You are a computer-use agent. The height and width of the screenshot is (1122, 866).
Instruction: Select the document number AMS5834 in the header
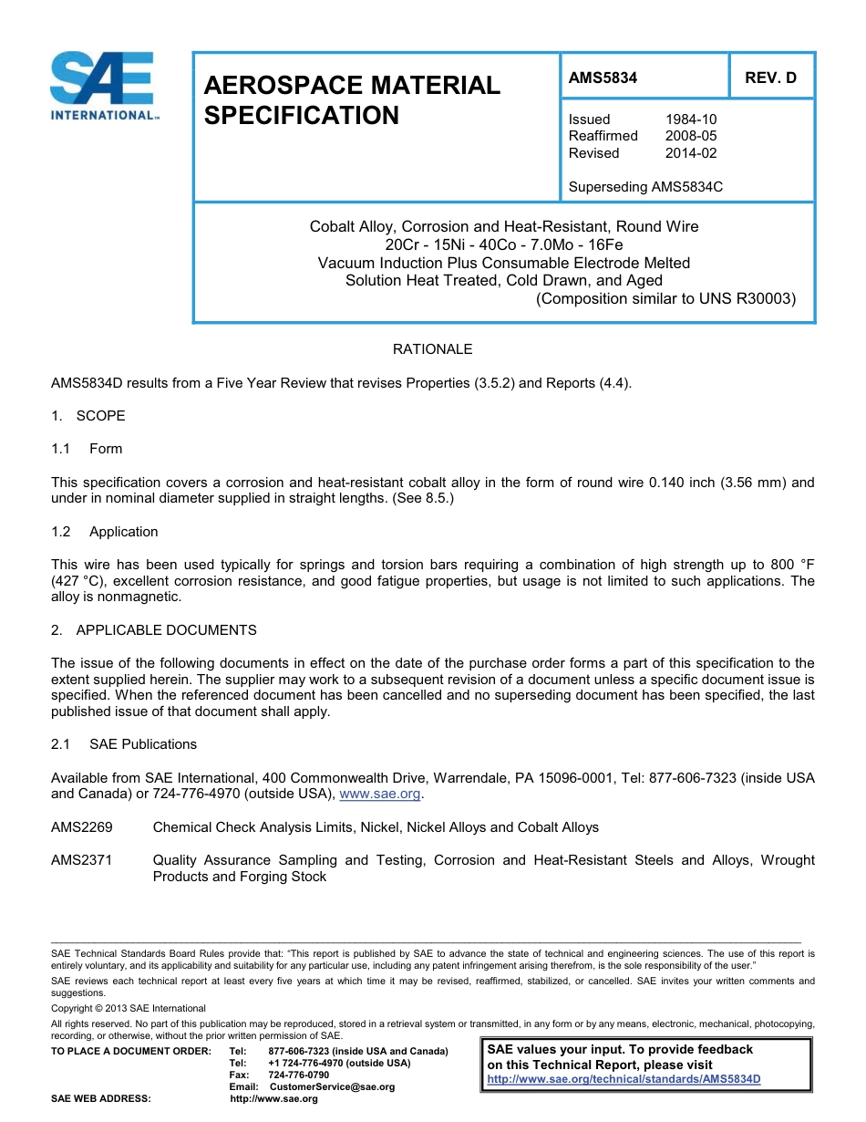pos(603,78)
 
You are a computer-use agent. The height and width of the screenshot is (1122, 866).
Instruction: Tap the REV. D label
pos(770,78)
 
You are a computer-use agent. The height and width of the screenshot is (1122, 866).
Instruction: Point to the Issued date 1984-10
pos(691,119)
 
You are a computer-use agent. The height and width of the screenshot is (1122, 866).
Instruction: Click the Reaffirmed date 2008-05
pos(691,136)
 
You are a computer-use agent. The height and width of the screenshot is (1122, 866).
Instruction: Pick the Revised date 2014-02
pos(691,153)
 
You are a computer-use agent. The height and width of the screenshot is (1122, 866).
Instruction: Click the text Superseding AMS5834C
pos(645,187)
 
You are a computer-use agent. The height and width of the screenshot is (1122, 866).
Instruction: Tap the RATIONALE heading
pos(432,349)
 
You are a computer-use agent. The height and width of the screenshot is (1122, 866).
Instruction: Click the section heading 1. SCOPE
pos(88,416)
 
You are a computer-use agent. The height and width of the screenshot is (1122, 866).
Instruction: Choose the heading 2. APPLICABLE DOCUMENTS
pos(154,630)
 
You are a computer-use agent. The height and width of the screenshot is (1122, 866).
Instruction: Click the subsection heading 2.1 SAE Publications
pos(124,744)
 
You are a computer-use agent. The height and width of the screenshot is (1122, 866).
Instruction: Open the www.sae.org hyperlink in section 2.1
pos(379,795)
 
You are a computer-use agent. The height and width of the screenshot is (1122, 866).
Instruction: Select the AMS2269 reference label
pos(81,827)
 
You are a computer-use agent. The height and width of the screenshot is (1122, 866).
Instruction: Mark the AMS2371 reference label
pos(81,860)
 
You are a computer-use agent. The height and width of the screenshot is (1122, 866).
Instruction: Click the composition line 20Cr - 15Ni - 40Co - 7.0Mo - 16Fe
pos(504,244)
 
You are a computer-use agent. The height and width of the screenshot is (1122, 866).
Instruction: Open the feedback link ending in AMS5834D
pos(624,1079)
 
